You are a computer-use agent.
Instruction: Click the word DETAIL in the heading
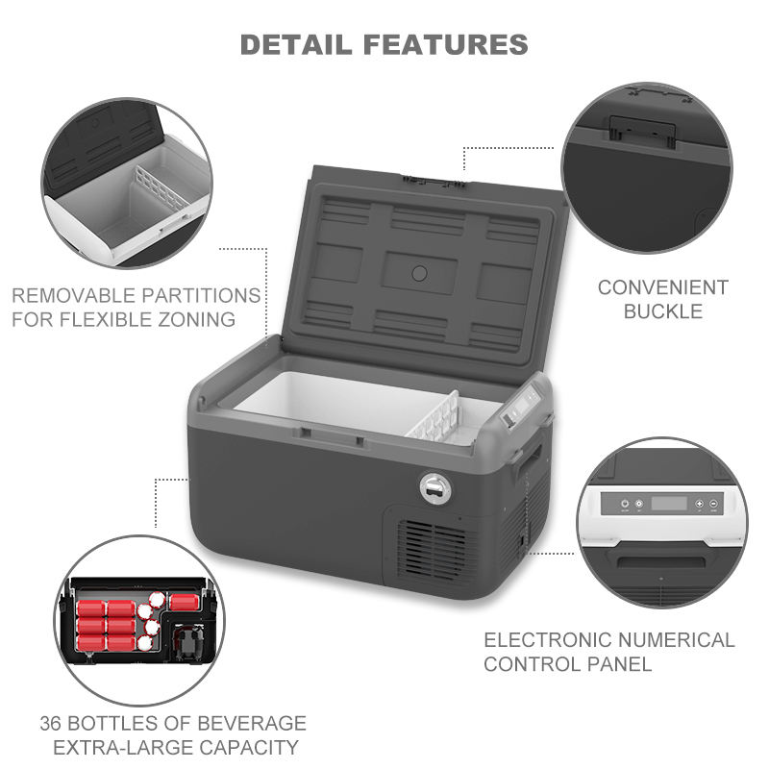292,44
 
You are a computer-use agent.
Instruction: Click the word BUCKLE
662,311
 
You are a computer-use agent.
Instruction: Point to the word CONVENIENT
662,287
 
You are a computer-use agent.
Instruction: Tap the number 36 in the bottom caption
55,723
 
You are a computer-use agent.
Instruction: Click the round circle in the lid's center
419,273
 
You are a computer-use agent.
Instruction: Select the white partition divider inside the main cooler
439,419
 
